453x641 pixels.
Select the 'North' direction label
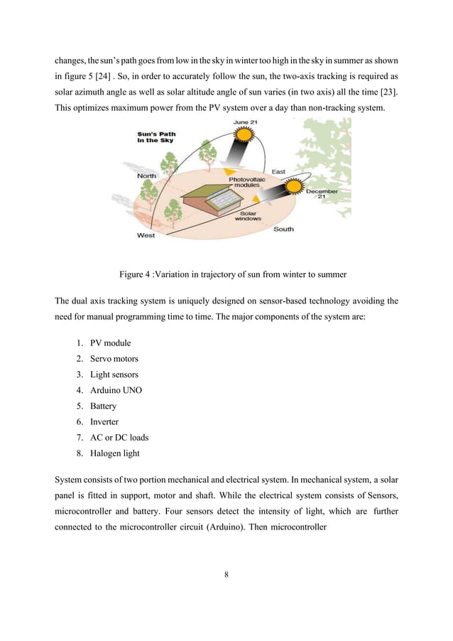pyautogui.click(x=147, y=175)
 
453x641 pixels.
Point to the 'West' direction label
pyautogui.click(x=146, y=235)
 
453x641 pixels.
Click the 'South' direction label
pyautogui.click(x=283, y=229)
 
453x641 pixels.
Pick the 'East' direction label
pyautogui.click(x=279, y=171)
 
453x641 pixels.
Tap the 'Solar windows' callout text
pyautogui.click(x=248, y=215)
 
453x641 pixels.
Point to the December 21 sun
pyautogui.click(x=293, y=188)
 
